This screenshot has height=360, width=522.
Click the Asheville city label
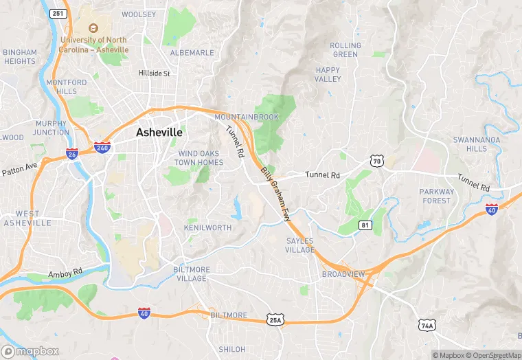click(159, 132)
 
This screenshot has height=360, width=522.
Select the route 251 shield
click(58, 14)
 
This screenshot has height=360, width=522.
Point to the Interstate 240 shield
click(102, 147)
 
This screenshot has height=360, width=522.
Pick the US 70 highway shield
click(375, 161)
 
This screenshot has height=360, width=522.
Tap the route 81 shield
click(365, 225)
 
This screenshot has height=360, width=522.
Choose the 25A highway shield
click(274, 319)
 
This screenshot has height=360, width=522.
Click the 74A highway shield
click(427, 324)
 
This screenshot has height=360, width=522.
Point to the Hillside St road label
click(154, 72)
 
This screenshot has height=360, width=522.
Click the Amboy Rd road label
click(65, 273)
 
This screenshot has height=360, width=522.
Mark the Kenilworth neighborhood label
click(208, 227)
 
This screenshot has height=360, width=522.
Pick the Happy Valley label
click(328, 74)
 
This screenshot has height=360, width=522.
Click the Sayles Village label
click(300, 245)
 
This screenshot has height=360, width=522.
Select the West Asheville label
click(27, 218)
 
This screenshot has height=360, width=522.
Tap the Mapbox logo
click(30, 351)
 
